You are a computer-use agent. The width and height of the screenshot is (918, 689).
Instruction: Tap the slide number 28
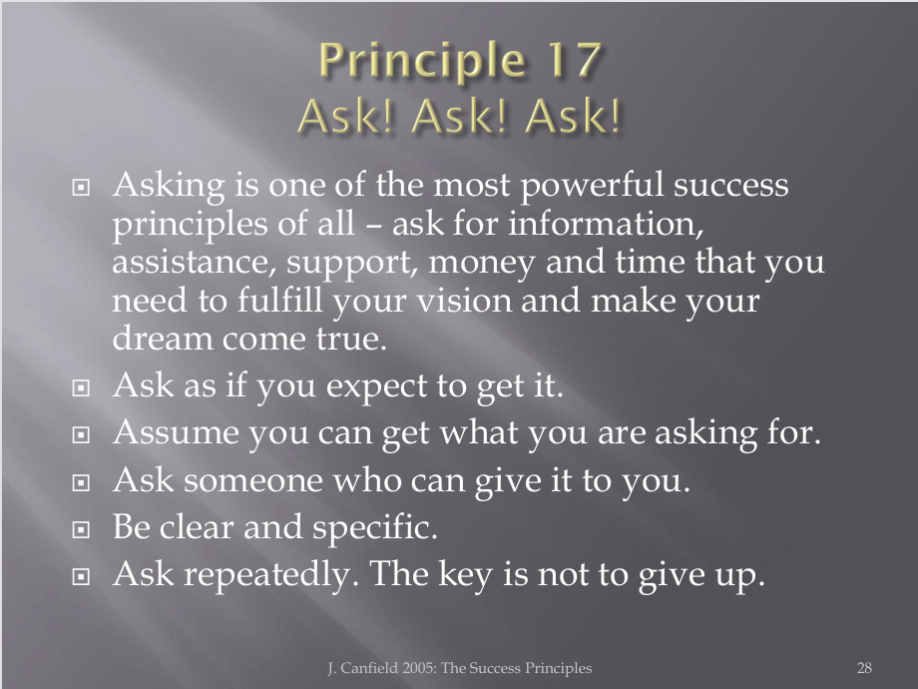pos(864,668)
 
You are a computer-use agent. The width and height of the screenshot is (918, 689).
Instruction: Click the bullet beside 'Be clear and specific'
pos(81,529)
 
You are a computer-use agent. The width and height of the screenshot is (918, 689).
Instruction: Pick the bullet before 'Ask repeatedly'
pos(81,576)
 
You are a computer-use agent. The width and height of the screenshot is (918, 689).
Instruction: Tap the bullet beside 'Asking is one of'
pos(81,187)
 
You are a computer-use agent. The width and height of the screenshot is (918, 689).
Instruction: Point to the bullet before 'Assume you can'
pos(81,434)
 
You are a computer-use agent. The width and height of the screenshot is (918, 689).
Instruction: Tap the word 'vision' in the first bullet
pos(463,301)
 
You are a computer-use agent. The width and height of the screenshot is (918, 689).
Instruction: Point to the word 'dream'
pos(162,340)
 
